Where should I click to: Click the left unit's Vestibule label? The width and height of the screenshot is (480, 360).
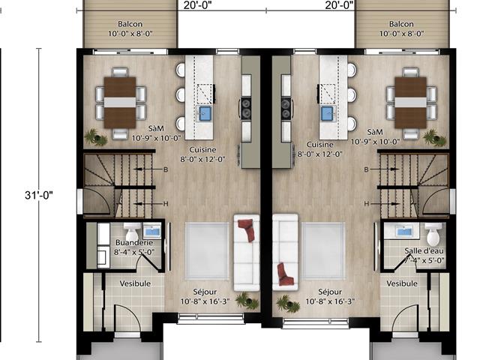click(x=136, y=283)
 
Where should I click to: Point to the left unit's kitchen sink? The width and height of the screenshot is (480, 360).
click(x=205, y=113)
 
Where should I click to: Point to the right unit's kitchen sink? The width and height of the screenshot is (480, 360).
click(x=327, y=113)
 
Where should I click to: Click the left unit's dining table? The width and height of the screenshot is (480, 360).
click(x=120, y=102)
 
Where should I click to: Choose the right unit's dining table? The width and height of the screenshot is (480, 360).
click(x=410, y=102)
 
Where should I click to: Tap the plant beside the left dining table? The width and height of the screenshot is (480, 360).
click(x=92, y=137)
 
